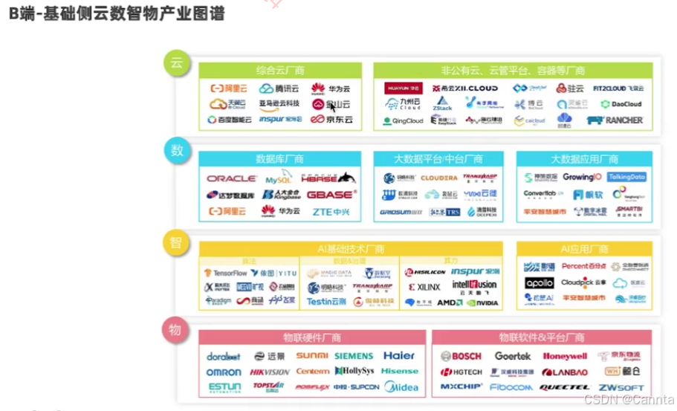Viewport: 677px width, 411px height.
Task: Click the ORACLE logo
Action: [231, 178]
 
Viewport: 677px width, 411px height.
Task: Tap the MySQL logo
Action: [279, 179]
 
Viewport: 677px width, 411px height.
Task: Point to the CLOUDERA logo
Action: [438, 178]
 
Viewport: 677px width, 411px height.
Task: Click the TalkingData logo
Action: [626, 177]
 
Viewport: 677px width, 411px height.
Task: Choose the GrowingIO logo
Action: [582, 177]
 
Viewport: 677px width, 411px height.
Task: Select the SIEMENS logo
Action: [353, 356]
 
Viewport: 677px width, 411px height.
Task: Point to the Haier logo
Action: [399, 356]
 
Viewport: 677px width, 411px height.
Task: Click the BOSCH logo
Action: [461, 356]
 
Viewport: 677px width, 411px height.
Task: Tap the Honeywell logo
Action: [564, 356]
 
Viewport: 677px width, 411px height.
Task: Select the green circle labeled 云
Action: [176, 62]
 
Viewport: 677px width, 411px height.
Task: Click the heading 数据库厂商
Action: [279, 159]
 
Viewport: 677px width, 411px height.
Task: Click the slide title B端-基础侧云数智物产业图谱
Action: [117, 13]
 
